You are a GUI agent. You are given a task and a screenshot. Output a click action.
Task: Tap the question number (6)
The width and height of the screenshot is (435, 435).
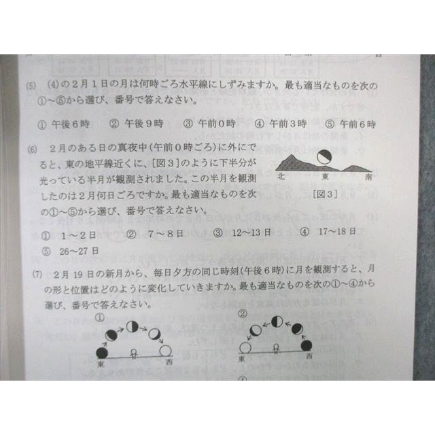[x=32, y=148]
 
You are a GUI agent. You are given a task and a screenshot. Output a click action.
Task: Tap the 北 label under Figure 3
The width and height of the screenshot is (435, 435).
[x=281, y=176]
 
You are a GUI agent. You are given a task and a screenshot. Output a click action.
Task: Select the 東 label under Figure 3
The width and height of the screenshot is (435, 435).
[x=325, y=176]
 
